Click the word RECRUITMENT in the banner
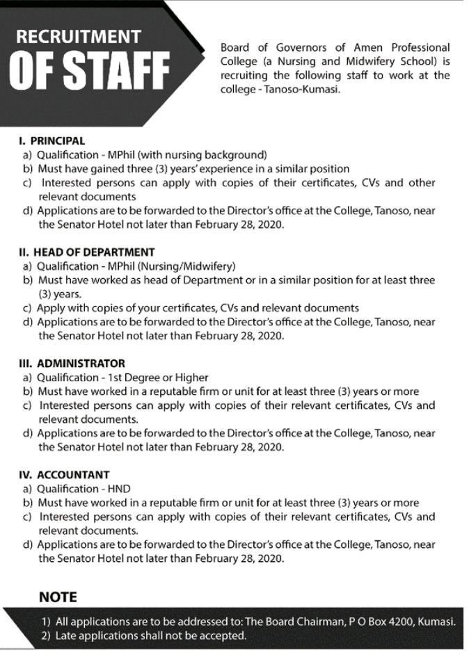coord(78,37)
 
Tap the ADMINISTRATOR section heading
coord(81,363)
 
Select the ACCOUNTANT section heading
coord(73,475)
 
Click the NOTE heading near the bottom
coord(58,597)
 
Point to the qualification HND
coord(118,489)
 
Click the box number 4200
coord(399,622)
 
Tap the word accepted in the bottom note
coord(224,636)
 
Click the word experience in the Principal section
coord(218,169)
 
